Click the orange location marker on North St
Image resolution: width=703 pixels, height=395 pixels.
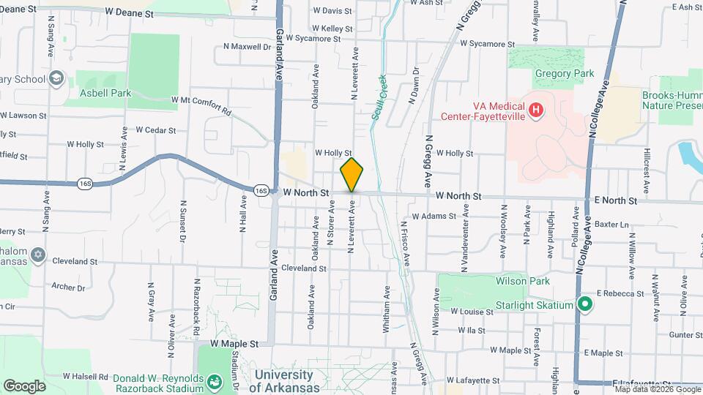click(x=351, y=175)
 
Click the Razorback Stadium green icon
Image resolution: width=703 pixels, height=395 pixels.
click(x=214, y=381)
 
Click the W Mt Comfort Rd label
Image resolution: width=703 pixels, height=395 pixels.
click(x=201, y=105)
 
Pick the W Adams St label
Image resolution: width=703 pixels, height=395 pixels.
click(x=434, y=217)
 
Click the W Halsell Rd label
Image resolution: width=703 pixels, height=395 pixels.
click(x=86, y=376)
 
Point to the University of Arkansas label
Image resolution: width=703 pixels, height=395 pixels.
click(x=289, y=380)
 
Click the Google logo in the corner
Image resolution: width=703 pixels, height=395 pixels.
click(x=24, y=385)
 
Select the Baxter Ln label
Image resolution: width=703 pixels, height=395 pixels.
click(x=611, y=224)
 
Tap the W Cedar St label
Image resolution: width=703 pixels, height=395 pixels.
click(x=155, y=130)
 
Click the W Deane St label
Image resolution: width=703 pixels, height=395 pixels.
click(x=129, y=12)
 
